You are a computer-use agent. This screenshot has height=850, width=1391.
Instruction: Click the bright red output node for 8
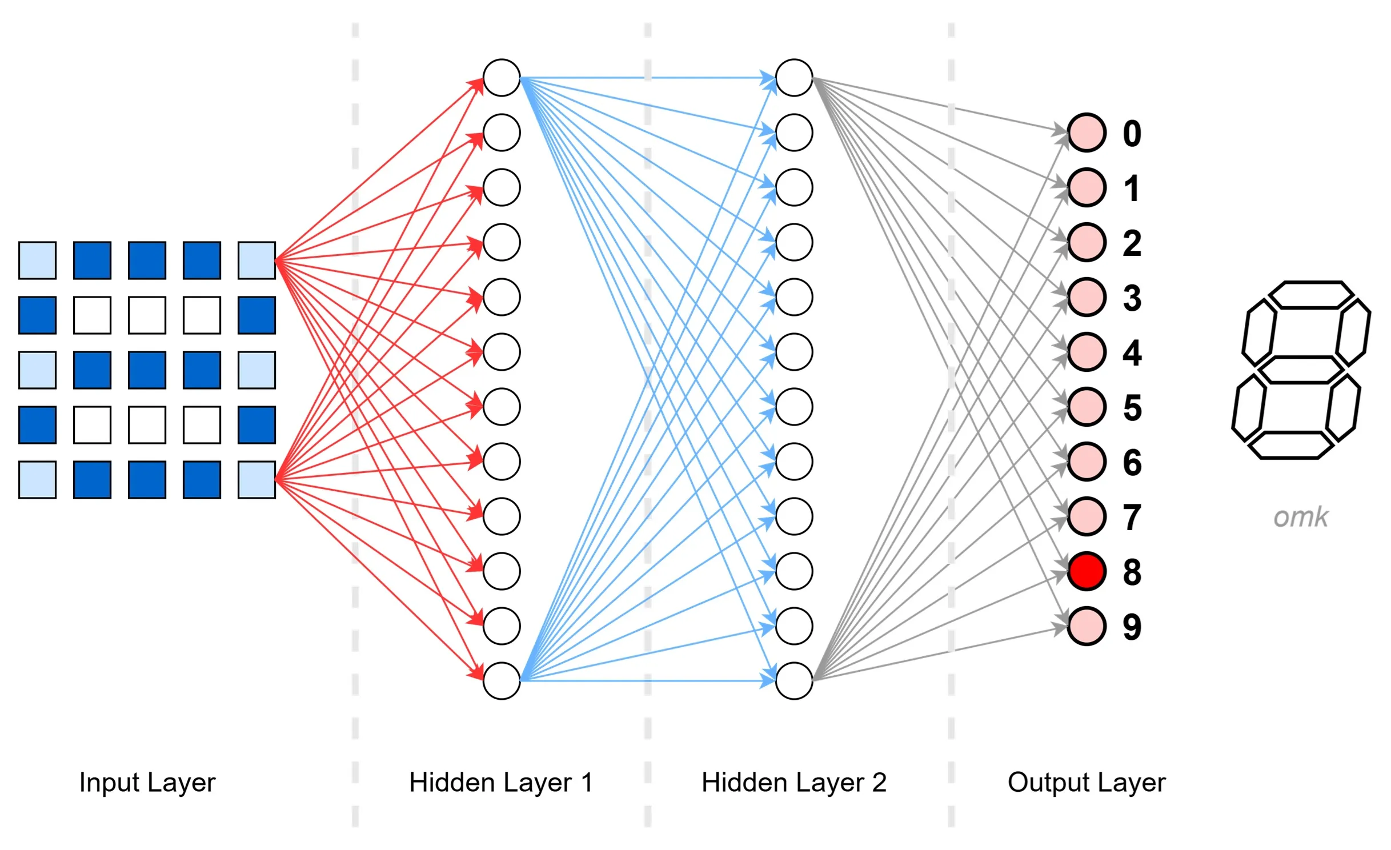point(1086,571)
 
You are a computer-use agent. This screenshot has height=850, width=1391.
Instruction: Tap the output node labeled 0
point(1086,133)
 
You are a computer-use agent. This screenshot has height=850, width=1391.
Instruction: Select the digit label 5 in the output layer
point(1132,407)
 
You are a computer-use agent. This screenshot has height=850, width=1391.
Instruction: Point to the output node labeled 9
point(1086,626)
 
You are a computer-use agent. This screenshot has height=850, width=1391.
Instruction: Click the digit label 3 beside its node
point(1132,298)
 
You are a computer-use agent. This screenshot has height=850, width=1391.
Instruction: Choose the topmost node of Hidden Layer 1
point(501,78)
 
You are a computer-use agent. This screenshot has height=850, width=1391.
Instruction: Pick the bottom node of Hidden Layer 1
point(501,680)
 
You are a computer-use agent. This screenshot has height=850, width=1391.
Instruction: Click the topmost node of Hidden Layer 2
point(793,78)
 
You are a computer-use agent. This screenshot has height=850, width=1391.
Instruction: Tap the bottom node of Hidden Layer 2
point(793,680)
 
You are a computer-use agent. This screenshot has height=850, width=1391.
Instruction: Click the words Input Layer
point(147,782)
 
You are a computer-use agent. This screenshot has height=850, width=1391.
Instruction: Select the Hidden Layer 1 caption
point(501,782)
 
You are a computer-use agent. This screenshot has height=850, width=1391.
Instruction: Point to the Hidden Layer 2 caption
point(793,782)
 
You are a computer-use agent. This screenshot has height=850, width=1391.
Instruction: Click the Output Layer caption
point(1086,782)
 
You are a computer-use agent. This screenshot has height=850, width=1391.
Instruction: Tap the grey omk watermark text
point(1301,517)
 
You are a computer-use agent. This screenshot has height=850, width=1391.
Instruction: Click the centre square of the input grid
point(147,370)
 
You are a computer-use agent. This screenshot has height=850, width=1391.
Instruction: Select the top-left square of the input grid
point(38,260)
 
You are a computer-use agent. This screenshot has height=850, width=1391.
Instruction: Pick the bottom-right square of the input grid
point(256,480)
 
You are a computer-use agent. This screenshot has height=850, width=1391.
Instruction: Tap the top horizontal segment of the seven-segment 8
point(1310,295)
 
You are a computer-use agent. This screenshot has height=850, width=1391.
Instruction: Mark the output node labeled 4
point(1086,352)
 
